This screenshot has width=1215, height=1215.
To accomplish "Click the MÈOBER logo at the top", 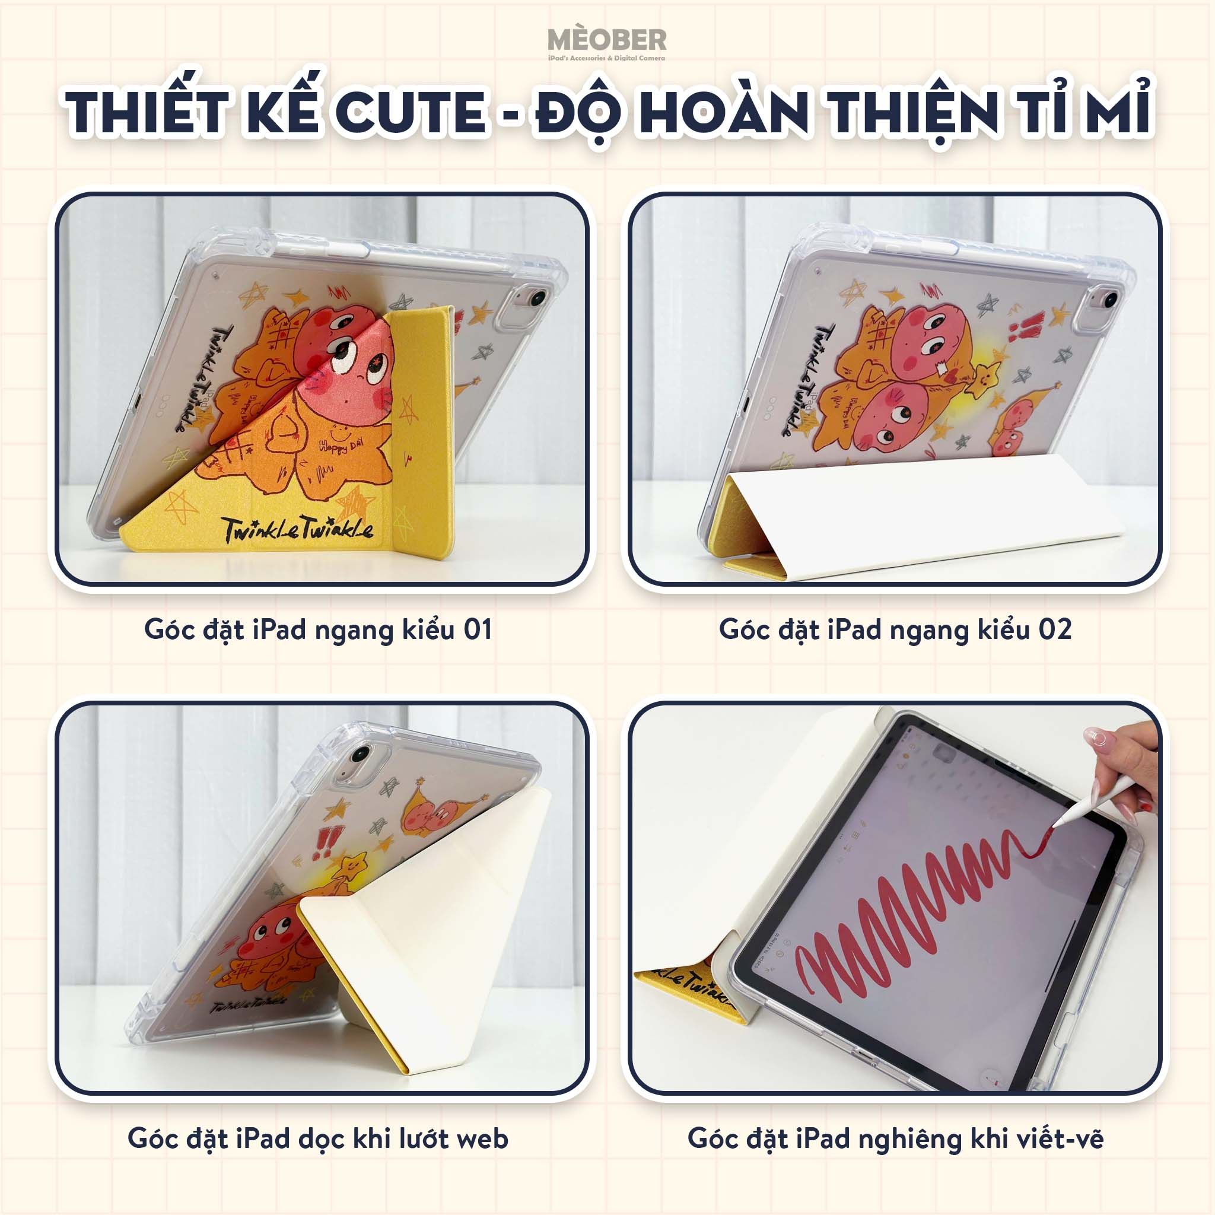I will point(607,42).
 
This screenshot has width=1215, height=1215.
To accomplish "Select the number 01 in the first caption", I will point(478,630).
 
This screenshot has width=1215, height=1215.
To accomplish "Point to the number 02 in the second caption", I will point(1054,630).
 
